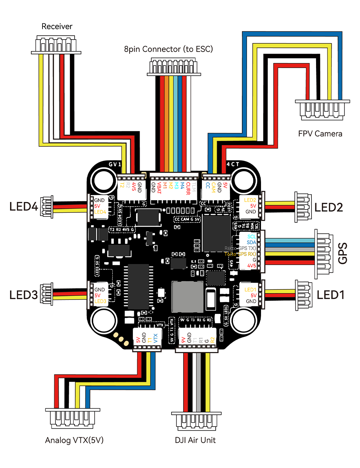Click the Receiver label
[57, 26]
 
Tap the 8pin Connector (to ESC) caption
[168, 49]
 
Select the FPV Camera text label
[320, 134]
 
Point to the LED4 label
[24, 207]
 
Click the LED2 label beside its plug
[328, 207]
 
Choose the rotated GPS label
[343, 253]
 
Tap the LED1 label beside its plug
[330, 295]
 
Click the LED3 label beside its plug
[24, 295]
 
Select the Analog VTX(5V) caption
[74, 440]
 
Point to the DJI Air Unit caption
[195, 440]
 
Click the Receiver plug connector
[56, 45]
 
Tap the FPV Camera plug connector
[322, 109]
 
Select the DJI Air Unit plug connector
[196, 421]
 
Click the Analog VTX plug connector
[72, 418]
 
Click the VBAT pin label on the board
[159, 188]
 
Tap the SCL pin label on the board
[251, 237]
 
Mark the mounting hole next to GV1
[103, 180]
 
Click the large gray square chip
[188, 297]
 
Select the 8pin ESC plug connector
[174, 67]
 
